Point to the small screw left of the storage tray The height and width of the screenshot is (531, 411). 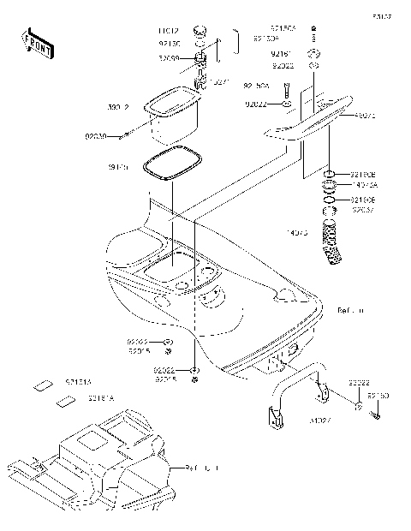click(128, 134)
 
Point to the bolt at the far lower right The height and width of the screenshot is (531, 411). click(375, 415)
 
